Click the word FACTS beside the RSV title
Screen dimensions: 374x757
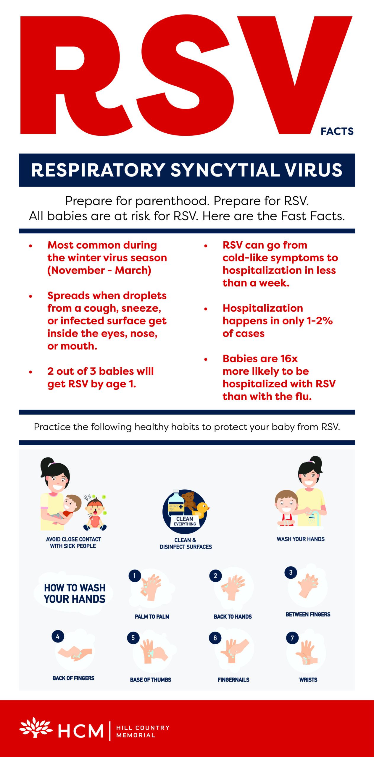click(337, 131)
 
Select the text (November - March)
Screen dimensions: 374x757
click(99, 271)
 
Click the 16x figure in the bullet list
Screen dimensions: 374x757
click(289, 359)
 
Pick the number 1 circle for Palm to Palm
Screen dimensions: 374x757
click(135, 576)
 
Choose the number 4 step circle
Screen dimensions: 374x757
click(58, 636)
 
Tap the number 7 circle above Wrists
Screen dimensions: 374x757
click(292, 638)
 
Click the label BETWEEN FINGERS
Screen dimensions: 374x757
click(308, 614)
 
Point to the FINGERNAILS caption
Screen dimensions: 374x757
click(233, 680)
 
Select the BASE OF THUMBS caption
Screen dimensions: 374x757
click(151, 680)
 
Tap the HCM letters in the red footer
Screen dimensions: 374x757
click(81, 731)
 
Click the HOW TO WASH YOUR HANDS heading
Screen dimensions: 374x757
click(75, 593)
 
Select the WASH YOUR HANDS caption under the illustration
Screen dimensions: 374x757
click(301, 539)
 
